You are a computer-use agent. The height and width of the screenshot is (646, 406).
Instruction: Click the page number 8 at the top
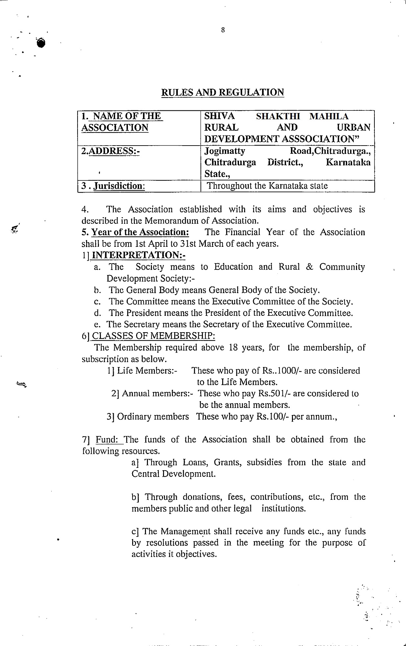pos(223,30)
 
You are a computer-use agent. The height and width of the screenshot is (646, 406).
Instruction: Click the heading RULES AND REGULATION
pos(223,92)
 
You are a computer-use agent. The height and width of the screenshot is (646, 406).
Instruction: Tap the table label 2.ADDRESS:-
pos(110,151)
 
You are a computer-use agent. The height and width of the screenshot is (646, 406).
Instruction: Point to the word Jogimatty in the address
pos(225,151)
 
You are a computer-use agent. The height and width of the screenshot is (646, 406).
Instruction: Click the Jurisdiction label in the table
pos(119,186)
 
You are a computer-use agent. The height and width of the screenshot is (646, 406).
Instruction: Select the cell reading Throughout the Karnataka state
pos(267,186)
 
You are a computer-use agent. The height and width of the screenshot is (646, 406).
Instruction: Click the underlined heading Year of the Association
pos(140,232)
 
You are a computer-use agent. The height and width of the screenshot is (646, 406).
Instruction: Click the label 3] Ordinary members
pos(148,417)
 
